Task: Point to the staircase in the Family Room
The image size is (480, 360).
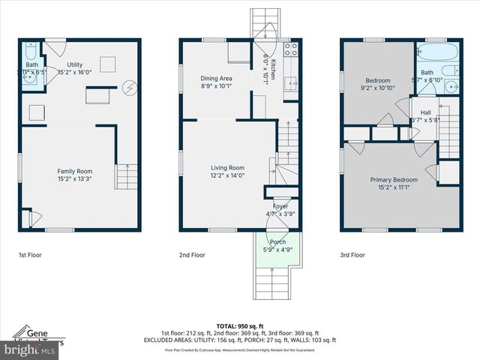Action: coord(126,177)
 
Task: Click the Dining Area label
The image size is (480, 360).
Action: coord(215,78)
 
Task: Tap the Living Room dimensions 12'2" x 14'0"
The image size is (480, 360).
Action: coord(227,175)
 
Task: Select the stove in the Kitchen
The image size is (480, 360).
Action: coord(290,52)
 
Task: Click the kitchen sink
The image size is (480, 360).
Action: coord(291,82)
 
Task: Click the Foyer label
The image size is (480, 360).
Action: coord(280,206)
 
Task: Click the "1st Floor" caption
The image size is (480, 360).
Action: coord(31,255)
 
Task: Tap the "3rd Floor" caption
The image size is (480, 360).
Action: coord(352,255)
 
